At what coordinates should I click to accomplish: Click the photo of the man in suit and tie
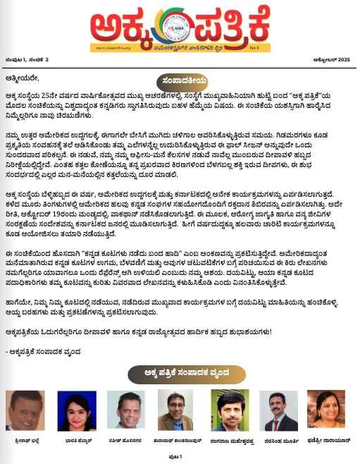(x=285, y=410)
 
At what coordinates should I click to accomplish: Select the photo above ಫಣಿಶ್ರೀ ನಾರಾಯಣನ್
(x=335, y=410)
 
